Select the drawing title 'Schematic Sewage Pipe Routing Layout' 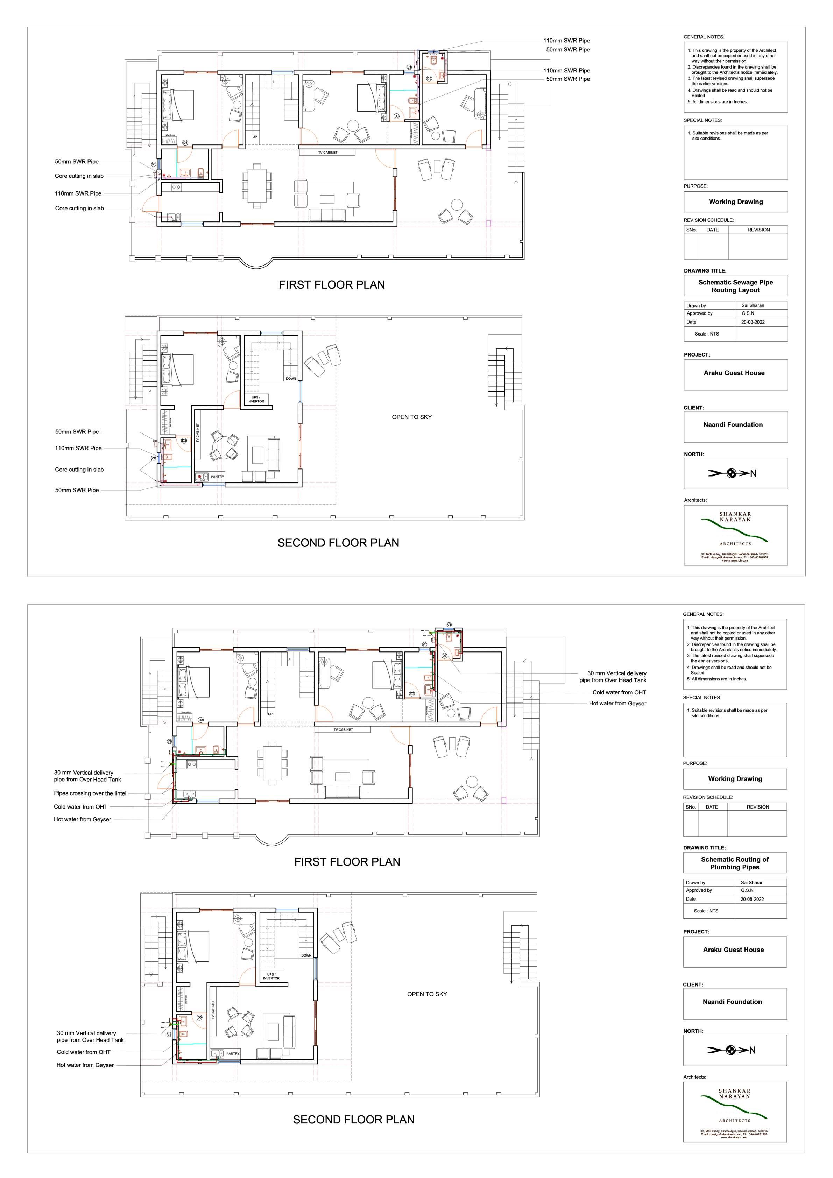tap(735, 286)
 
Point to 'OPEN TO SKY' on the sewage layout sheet tap(411, 417)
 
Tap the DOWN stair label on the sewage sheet tap(291, 378)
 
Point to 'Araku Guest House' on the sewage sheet tap(734, 373)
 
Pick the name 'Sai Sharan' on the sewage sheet tap(753, 305)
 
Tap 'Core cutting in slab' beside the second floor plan tap(79, 470)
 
